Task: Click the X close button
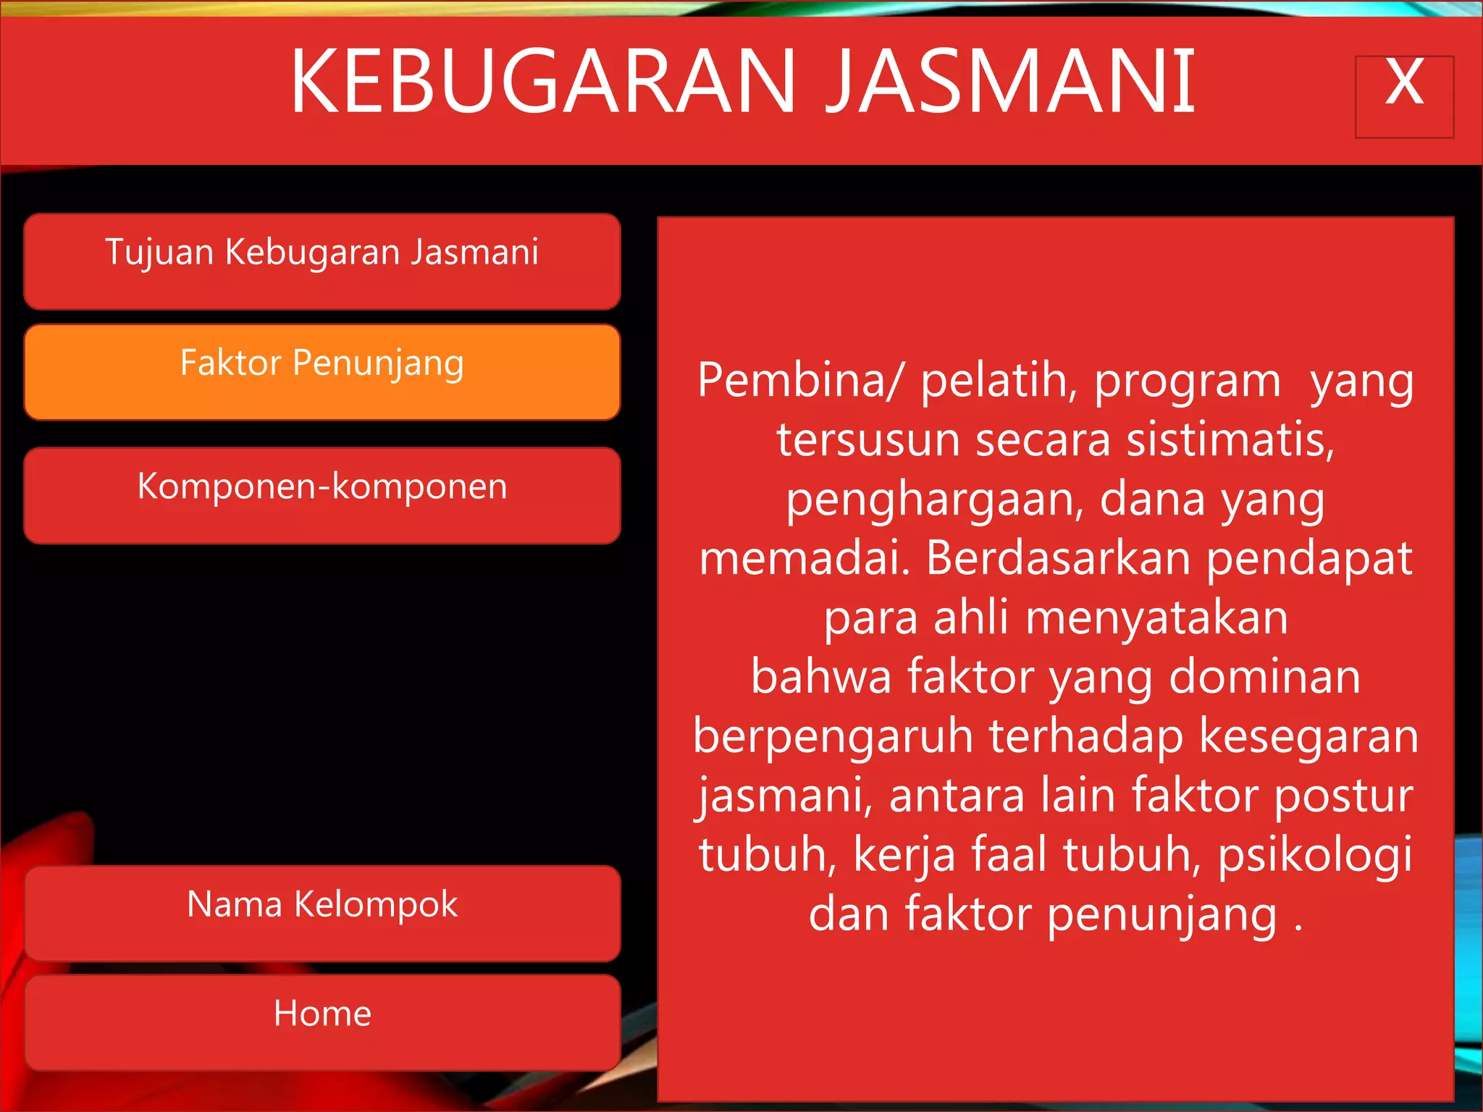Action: [x=1404, y=96]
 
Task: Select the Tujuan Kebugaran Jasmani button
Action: [x=322, y=261]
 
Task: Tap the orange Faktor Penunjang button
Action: [x=322, y=372]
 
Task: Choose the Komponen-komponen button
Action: [x=322, y=495]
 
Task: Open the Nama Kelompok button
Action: [x=322, y=913]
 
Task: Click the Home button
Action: [x=322, y=1022]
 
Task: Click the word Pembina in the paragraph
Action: [x=793, y=381]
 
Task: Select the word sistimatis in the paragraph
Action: [x=1230, y=440]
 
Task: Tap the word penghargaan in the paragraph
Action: [x=935, y=500]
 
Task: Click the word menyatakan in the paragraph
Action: [x=1156, y=618]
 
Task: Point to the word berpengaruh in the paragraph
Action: [x=833, y=737]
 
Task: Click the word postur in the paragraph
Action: [x=1343, y=796]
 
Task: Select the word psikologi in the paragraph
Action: [x=1315, y=855]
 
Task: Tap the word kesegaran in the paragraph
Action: [x=1308, y=737]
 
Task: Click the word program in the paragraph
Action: [x=1187, y=382]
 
